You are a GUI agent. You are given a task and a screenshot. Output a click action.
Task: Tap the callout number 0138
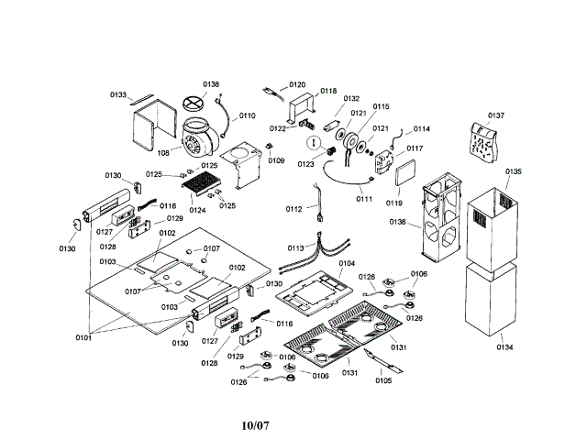[211, 84]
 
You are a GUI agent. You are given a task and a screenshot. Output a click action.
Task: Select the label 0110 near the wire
[248, 116]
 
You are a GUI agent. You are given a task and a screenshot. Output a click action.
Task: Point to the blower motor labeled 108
[196, 137]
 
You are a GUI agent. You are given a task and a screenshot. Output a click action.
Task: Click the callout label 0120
[297, 84]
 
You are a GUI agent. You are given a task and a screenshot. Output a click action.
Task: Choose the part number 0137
[496, 115]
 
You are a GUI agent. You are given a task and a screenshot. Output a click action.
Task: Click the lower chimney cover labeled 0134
[505, 347]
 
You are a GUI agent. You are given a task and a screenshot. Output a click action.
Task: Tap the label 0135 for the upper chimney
[513, 172]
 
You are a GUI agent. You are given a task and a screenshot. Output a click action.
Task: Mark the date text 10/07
[256, 425]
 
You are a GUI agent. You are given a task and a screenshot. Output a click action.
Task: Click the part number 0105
[383, 380]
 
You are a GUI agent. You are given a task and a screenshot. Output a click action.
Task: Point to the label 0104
[347, 263]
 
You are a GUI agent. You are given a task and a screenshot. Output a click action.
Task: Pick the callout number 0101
[84, 337]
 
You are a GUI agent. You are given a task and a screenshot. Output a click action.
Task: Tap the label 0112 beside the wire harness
[293, 210]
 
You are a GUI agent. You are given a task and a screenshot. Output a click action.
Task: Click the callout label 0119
[394, 202]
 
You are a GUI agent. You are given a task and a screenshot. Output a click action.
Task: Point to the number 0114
[422, 129]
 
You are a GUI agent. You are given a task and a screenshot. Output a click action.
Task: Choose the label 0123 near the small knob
[305, 164]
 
